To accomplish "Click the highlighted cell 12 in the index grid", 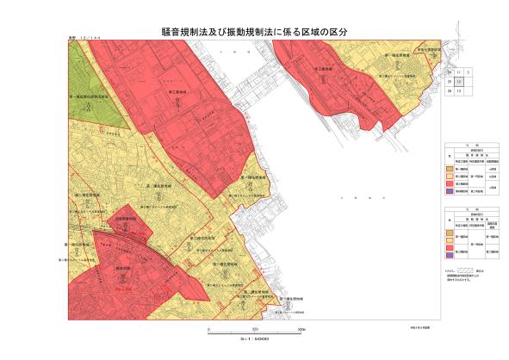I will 459,82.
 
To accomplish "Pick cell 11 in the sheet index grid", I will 459,73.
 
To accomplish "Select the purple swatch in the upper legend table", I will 451,191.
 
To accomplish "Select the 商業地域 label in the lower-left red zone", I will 121,269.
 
